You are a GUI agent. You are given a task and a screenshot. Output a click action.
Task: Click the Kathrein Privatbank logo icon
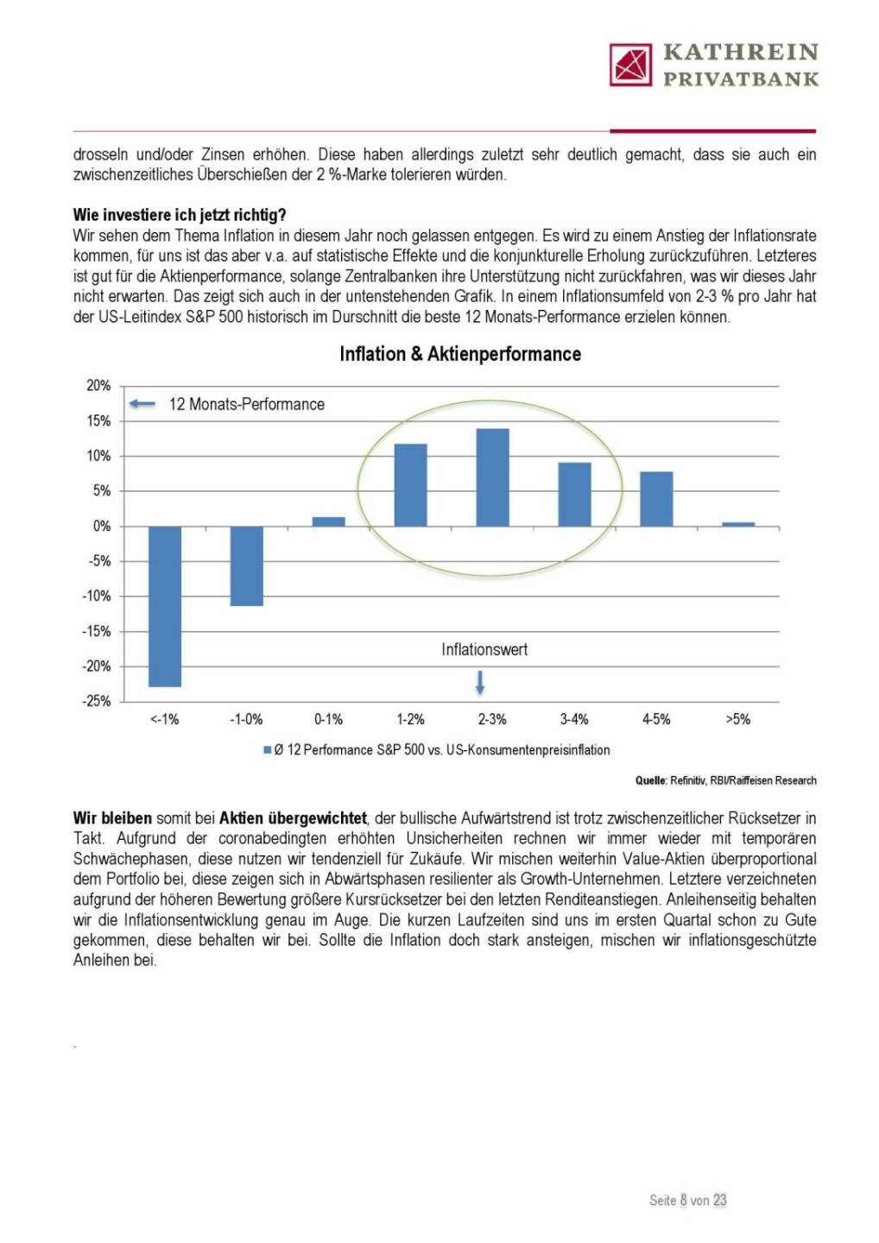[630, 65]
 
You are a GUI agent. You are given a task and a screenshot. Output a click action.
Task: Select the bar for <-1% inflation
[165, 606]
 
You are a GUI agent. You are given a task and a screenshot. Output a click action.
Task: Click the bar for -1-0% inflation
[247, 565]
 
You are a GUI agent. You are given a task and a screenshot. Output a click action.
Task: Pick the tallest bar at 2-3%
[492, 477]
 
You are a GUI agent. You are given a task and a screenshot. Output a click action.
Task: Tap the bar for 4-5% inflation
[656, 499]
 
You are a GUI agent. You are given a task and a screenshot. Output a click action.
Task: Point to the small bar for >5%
[738, 524]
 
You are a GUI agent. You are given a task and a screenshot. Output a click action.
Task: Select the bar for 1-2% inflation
[410, 485]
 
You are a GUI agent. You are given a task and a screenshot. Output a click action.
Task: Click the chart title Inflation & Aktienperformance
[460, 354]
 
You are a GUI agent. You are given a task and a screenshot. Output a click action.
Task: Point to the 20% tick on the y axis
[98, 386]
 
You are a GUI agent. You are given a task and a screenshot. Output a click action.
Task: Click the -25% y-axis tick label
[97, 701]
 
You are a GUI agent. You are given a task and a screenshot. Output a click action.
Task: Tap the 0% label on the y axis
[102, 526]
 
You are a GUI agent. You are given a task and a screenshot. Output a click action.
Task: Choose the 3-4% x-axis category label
[574, 719]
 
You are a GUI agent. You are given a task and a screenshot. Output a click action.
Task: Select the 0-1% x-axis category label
[328, 719]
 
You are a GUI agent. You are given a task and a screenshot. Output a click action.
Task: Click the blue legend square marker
[268, 750]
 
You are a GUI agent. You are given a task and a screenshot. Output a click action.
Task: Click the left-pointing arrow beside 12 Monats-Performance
[142, 404]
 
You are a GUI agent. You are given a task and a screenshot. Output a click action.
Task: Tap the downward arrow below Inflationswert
[480, 683]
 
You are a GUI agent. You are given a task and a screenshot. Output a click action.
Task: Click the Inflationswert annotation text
[484, 650]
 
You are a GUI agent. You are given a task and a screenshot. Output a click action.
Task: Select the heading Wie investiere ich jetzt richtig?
[180, 215]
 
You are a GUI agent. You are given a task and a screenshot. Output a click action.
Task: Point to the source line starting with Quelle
[725, 780]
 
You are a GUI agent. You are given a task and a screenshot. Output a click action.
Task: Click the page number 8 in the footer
[683, 1200]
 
